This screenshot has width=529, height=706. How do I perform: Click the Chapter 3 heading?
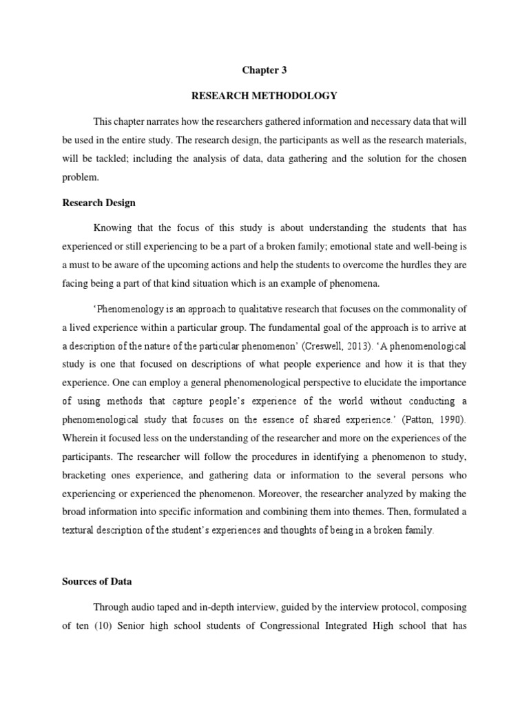[x=264, y=70]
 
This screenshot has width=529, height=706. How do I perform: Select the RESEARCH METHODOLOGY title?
[x=264, y=95]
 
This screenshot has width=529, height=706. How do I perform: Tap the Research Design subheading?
[x=98, y=203]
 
